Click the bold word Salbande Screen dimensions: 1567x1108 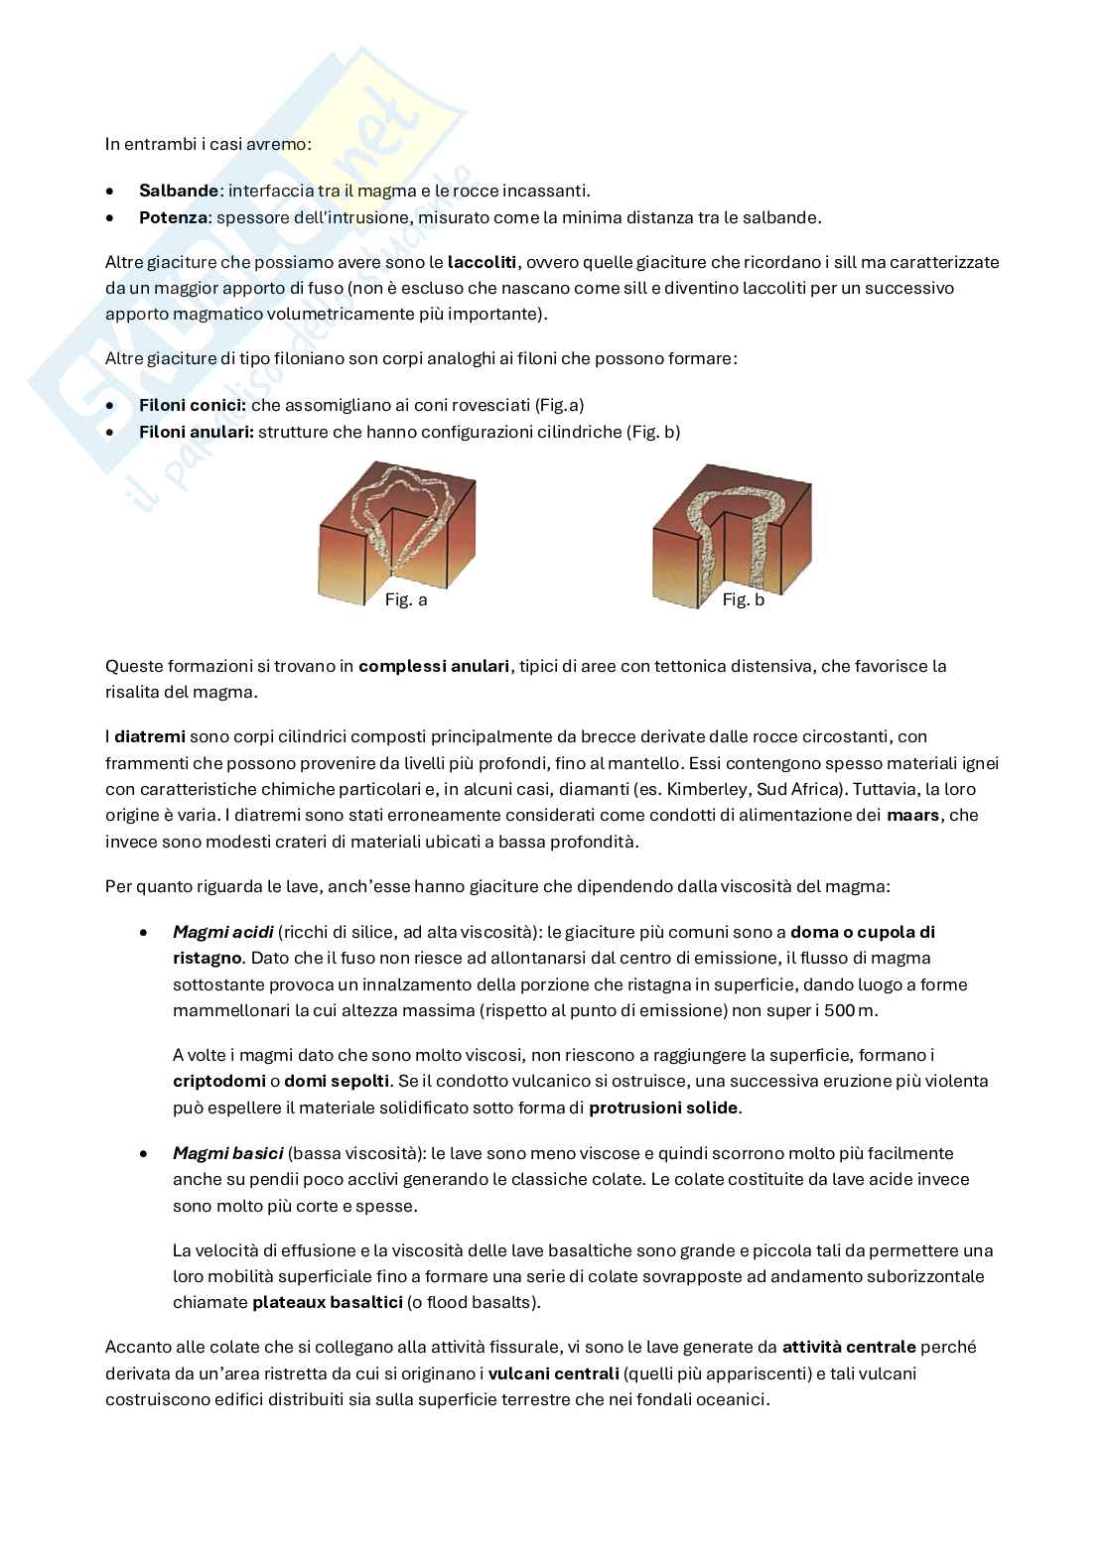pyautogui.click(x=179, y=191)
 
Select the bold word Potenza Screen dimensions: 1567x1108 pyautogui.click(x=174, y=216)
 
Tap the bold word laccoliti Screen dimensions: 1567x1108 pyautogui.click(x=483, y=262)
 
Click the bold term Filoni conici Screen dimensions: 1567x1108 pyautogui.click(x=193, y=405)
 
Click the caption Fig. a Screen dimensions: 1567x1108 pyautogui.click(x=406, y=600)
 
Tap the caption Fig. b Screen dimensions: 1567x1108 pyautogui.click(x=743, y=600)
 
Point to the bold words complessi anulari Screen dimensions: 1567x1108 pyautogui.click(x=434, y=666)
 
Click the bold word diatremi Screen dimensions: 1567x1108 pyautogui.click(x=149, y=736)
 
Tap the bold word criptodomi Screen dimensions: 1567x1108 pyautogui.click(x=218, y=1081)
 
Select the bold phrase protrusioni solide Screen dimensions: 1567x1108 pyautogui.click(x=664, y=1108)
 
